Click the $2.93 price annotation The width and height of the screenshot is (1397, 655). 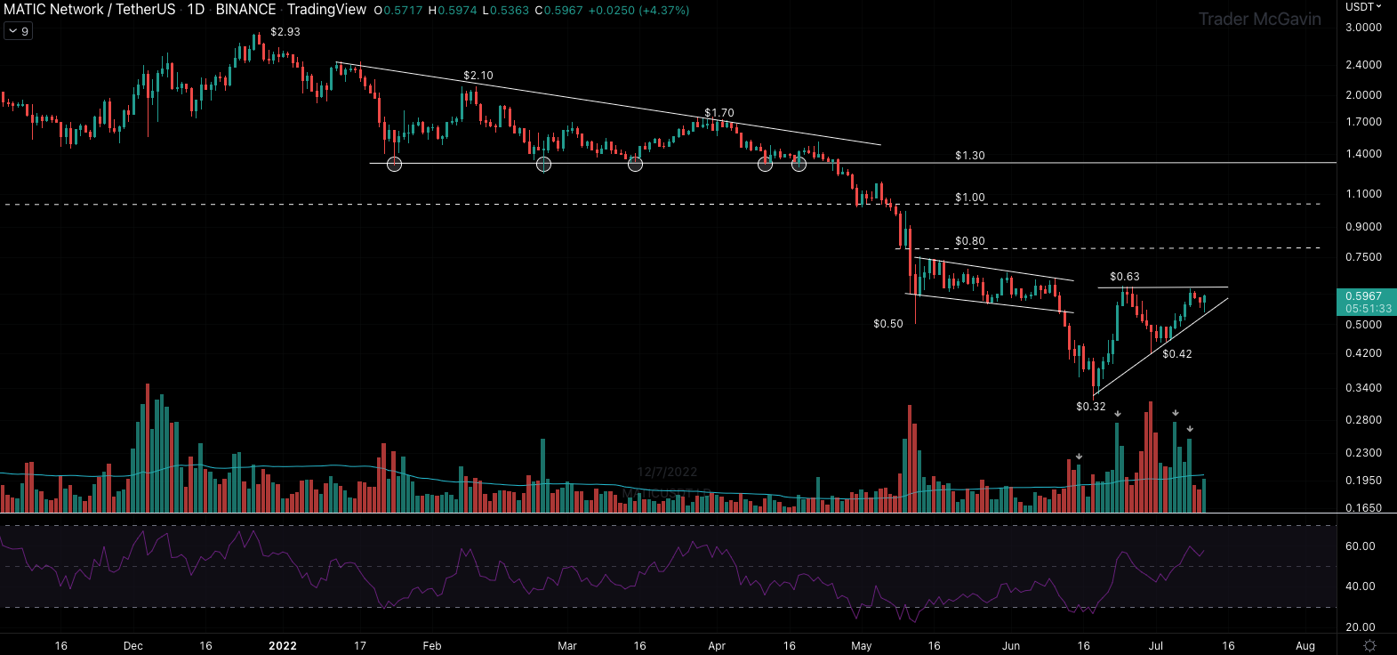[285, 32]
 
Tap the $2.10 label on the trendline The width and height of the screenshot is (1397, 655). [478, 76]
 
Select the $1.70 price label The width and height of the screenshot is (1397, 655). [719, 113]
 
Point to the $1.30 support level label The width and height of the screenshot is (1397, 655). [970, 156]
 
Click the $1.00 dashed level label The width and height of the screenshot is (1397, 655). [970, 198]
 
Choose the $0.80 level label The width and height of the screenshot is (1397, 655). [970, 241]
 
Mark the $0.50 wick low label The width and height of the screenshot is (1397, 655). [888, 324]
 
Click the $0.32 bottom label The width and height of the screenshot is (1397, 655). [1091, 407]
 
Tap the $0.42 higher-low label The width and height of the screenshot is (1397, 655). [1177, 354]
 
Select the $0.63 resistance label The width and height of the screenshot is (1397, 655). [1125, 277]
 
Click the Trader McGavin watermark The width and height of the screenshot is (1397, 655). [1259, 19]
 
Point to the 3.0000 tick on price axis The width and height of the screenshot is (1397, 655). [1363, 28]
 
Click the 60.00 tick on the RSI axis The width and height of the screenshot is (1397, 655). [1361, 546]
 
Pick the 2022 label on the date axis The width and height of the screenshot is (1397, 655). [283, 646]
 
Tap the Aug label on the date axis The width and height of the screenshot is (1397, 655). [1305, 646]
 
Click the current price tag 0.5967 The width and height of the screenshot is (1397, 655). [1364, 296]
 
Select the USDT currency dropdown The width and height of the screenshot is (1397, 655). [1363, 7]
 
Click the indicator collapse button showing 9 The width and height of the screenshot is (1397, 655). [18, 31]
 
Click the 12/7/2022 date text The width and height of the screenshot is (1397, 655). [667, 472]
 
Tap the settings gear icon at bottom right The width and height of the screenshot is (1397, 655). [1370, 645]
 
